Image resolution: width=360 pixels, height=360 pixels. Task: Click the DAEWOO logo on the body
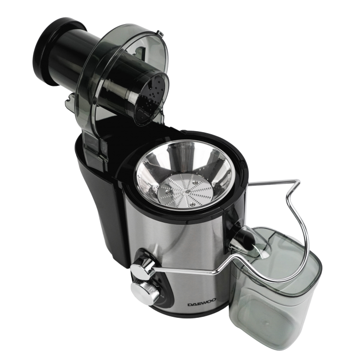(x=202, y=304)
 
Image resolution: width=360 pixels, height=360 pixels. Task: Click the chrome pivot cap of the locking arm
(x=140, y=266)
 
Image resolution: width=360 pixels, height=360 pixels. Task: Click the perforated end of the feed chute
(x=152, y=98)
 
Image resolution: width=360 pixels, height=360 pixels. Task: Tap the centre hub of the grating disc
(x=187, y=191)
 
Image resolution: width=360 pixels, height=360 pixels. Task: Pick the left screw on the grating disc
(x=168, y=191)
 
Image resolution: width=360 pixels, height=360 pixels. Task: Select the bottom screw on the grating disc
(x=192, y=204)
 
